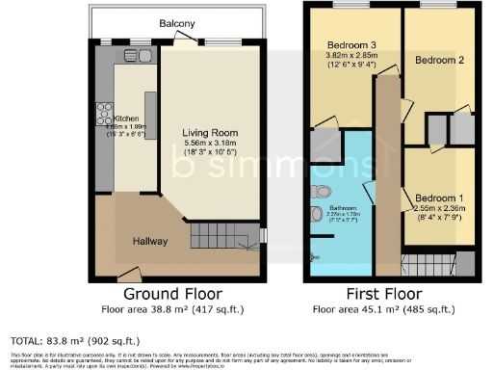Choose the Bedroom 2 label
pyautogui.click(x=439, y=60)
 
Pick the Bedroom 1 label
pyautogui.click(x=439, y=199)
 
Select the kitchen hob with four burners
pyautogui.click(x=104, y=119)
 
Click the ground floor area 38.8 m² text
pyautogui.click(x=173, y=309)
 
